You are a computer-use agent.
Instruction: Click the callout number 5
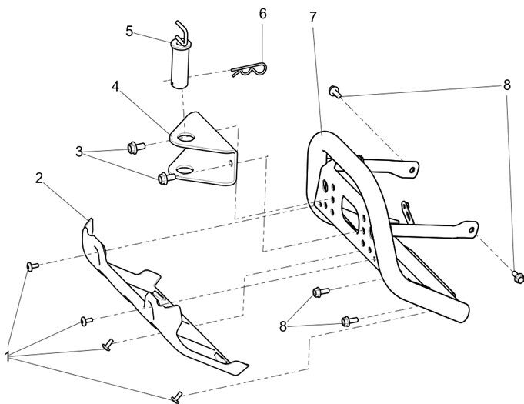pyautogui.click(x=129, y=31)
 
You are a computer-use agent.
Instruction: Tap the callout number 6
pyautogui.click(x=262, y=15)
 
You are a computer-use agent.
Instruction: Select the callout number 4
pyautogui.click(x=115, y=86)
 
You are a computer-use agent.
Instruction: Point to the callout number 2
pyautogui.click(x=39, y=179)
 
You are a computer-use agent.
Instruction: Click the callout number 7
pyautogui.click(x=312, y=16)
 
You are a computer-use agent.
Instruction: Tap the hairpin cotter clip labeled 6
pyautogui.click(x=248, y=72)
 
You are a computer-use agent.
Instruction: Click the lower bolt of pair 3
pyautogui.click(x=163, y=179)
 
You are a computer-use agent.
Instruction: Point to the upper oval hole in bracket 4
pyautogui.click(x=183, y=139)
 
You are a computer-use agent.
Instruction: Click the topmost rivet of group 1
pyautogui.click(x=32, y=265)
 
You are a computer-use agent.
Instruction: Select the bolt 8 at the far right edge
pyautogui.click(x=518, y=273)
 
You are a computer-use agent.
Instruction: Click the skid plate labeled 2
pyautogui.click(x=154, y=308)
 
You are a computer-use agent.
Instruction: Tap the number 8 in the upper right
pyautogui.click(x=506, y=85)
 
